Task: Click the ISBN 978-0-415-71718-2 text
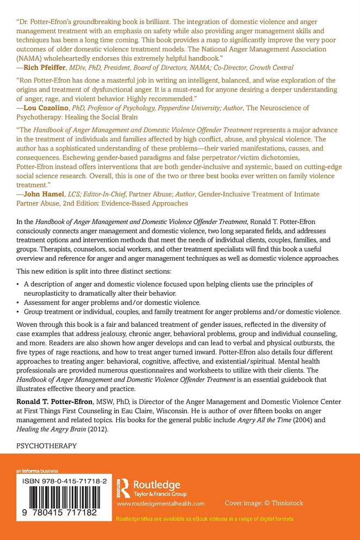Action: [x=61, y=481]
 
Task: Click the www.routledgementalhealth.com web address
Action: [x=160, y=504]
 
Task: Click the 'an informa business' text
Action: [x=36, y=471]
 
